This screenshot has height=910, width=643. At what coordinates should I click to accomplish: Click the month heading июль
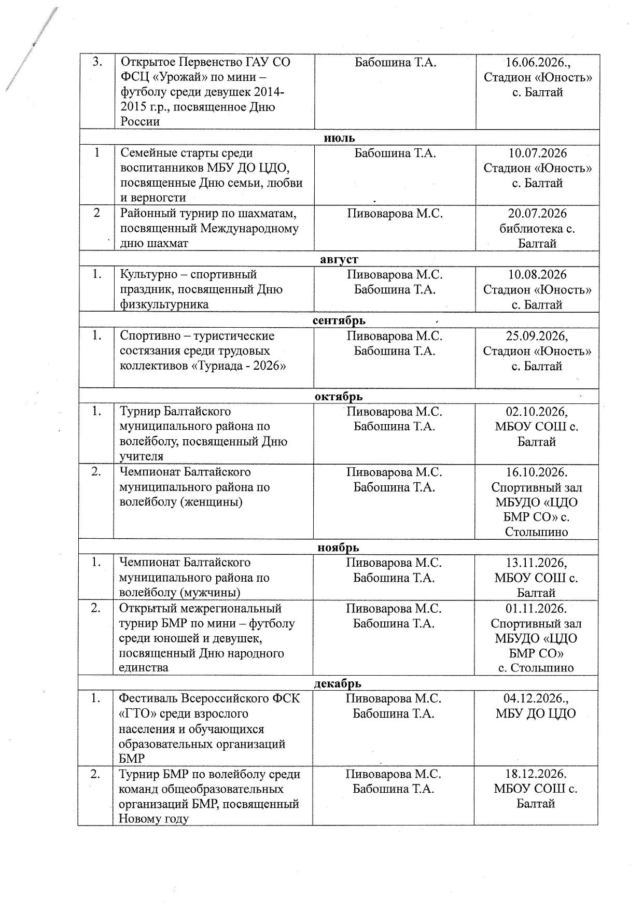point(339,137)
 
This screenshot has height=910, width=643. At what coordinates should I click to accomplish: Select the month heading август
point(339,259)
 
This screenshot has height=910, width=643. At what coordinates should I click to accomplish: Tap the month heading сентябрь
point(339,320)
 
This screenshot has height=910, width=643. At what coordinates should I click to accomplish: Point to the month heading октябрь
point(339,397)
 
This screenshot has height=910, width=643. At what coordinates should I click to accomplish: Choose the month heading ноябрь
point(338,548)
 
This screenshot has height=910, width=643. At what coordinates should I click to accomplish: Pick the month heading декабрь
point(338,683)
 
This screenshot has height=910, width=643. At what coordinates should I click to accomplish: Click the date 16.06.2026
point(537,62)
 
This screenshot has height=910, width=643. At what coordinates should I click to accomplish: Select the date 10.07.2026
point(538,153)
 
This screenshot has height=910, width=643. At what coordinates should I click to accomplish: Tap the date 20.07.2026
point(538,214)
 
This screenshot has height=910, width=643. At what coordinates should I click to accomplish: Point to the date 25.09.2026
point(537,336)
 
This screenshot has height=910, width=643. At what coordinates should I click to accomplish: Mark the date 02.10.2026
point(537,412)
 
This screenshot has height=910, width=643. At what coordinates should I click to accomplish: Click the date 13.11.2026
point(536,563)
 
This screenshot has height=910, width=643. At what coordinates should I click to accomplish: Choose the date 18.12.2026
point(536,774)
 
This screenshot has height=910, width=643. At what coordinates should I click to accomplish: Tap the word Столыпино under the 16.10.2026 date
point(536,532)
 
